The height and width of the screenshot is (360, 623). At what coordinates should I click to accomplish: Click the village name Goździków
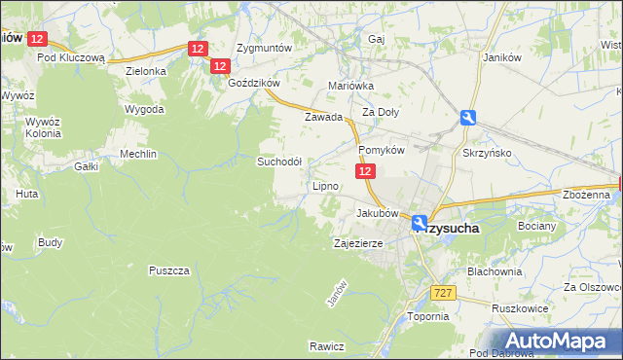coord(253,84)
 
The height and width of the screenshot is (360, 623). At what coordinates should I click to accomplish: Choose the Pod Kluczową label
coord(70,57)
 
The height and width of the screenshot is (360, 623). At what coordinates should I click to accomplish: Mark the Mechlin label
coord(137,154)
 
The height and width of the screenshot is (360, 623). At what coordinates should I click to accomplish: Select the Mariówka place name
coord(351,86)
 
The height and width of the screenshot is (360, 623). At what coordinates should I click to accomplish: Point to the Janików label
coord(503,56)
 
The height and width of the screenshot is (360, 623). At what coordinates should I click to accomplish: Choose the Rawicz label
coord(327,346)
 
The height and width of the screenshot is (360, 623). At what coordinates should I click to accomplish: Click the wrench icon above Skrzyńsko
coord(469,118)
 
